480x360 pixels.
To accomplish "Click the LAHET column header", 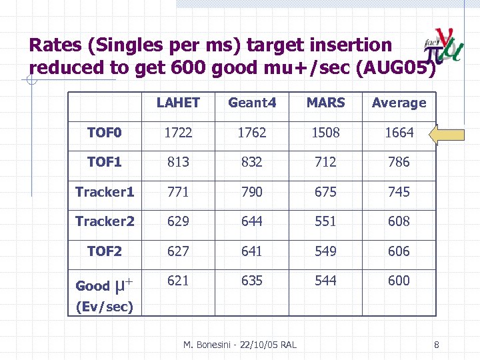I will pos(178,103).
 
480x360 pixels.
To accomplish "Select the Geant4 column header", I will pos(251,103).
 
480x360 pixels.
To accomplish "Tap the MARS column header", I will pos(325,103).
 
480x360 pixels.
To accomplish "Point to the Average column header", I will pos(399,103).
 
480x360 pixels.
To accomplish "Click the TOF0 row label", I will pos(105,133).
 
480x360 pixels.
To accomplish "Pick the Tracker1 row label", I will pos(105,192).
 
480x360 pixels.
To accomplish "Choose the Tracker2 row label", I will pos(105,221).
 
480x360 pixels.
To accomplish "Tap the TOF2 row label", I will pos(105,251).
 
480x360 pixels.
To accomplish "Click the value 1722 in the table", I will pos(178,133).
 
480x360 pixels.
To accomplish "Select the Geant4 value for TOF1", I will pos(251,162).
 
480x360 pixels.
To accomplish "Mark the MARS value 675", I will pos(325,192).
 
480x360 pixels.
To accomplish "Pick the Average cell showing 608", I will pos(399,221).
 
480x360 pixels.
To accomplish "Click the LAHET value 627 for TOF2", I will pos(178,251).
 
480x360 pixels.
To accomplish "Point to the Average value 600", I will pos(399,281).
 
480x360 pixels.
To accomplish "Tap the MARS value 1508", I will pos(325,133).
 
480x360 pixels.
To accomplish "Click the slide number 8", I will pos(436,345).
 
